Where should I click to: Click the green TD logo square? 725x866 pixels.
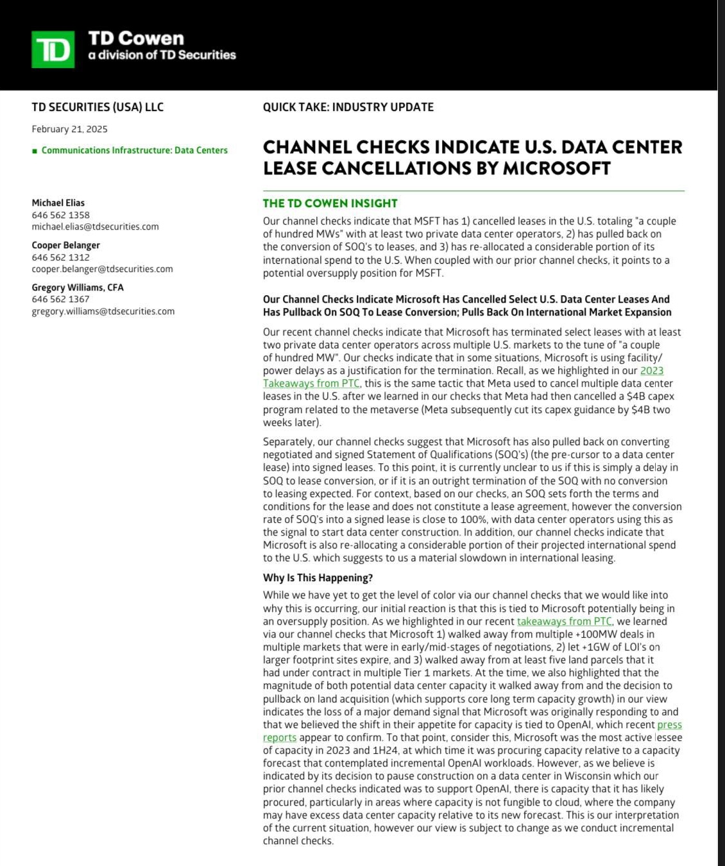tap(53, 49)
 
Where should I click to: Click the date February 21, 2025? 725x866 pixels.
tap(69, 129)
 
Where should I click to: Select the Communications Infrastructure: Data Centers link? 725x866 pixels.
tap(134, 150)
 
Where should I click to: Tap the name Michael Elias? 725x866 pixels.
tap(58, 203)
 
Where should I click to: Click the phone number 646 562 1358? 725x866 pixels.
tap(61, 215)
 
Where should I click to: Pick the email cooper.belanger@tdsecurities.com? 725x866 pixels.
tap(102, 269)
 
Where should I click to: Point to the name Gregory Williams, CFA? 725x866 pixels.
tap(78, 287)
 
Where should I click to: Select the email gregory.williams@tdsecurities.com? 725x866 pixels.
tap(103, 311)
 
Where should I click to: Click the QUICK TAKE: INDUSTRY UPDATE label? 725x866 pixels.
tap(348, 107)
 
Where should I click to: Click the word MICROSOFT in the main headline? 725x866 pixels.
tap(556, 168)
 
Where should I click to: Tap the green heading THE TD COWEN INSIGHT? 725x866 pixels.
tap(330, 203)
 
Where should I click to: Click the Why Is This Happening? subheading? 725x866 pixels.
tap(318, 577)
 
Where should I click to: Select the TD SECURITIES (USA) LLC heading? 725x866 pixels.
tap(98, 107)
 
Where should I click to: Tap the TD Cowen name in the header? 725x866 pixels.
tap(136, 38)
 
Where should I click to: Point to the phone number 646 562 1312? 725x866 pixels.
tap(61, 257)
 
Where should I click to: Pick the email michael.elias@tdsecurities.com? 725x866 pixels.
tap(95, 226)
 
